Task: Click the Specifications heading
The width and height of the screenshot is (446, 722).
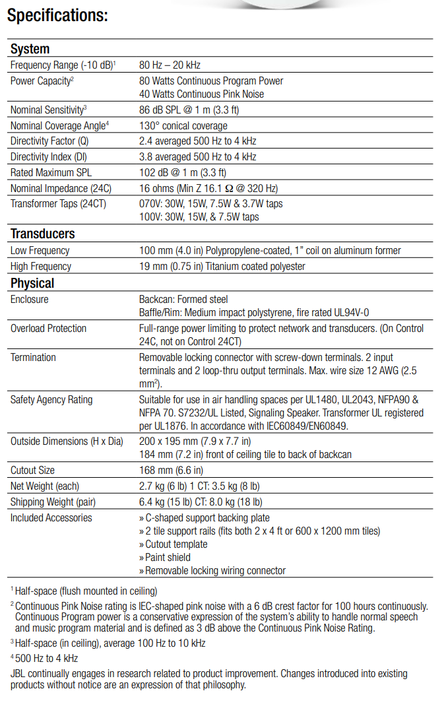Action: pos(57,15)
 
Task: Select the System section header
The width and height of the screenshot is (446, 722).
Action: pos(30,49)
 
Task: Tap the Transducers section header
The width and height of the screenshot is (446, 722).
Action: pos(43,234)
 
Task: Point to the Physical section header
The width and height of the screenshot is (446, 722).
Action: pos(32,283)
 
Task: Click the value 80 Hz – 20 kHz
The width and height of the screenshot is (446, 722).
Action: pos(170,65)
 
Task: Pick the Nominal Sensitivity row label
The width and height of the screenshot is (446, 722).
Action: pos(48,110)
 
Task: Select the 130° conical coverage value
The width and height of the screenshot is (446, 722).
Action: pos(183,125)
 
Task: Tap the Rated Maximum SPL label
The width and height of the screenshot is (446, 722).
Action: pos(50,172)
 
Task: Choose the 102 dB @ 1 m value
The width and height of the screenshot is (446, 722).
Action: pos(189,172)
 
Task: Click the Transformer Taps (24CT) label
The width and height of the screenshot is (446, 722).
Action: pos(58,204)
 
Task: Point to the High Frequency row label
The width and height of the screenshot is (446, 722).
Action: pos(41,267)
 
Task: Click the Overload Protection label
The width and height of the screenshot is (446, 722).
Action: pos(48,329)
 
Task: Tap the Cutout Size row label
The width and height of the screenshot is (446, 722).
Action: pos(32,471)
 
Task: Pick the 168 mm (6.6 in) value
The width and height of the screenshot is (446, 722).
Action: pos(171,471)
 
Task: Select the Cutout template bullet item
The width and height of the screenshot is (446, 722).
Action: pos(175,544)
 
